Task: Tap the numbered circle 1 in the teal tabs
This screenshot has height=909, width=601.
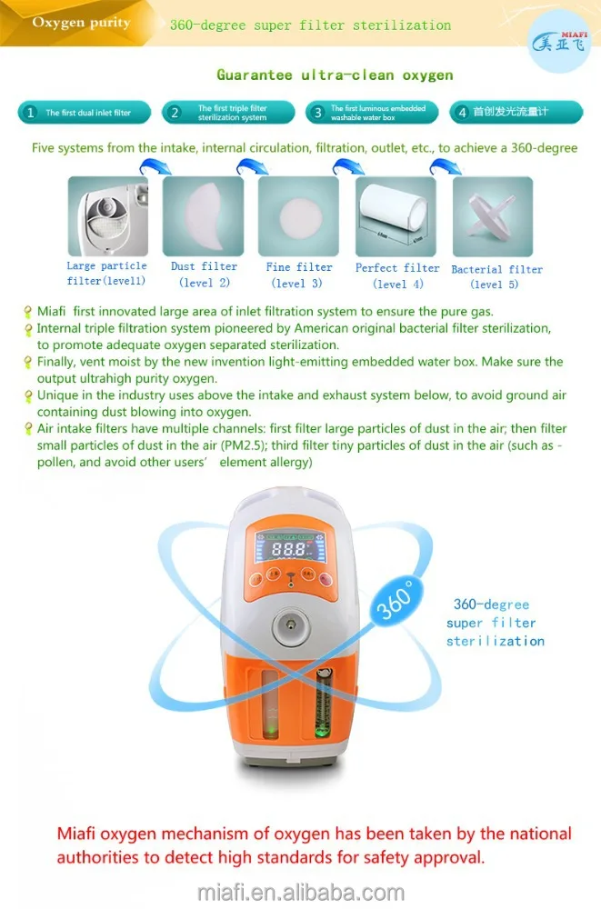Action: coord(30,113)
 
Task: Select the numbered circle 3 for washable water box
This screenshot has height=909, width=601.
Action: coord(317,113)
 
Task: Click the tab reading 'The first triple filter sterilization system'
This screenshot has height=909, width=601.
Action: coord(233,113)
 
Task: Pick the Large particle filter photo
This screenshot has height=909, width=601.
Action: coord(108,216)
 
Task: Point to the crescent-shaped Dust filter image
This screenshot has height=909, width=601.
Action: coord(203,215)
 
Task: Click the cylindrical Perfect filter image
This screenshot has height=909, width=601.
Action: coord(396,216)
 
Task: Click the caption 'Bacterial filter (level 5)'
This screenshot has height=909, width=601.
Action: coord(496,276)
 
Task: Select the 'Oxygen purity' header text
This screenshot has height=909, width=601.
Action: coord(82,23)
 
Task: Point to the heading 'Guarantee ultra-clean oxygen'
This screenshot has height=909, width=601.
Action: coord(335,75)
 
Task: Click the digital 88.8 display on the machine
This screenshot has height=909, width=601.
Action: coord(289,551)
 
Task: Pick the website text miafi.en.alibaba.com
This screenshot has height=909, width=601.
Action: coord(301,892)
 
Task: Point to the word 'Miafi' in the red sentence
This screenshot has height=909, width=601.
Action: coord(81,834)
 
